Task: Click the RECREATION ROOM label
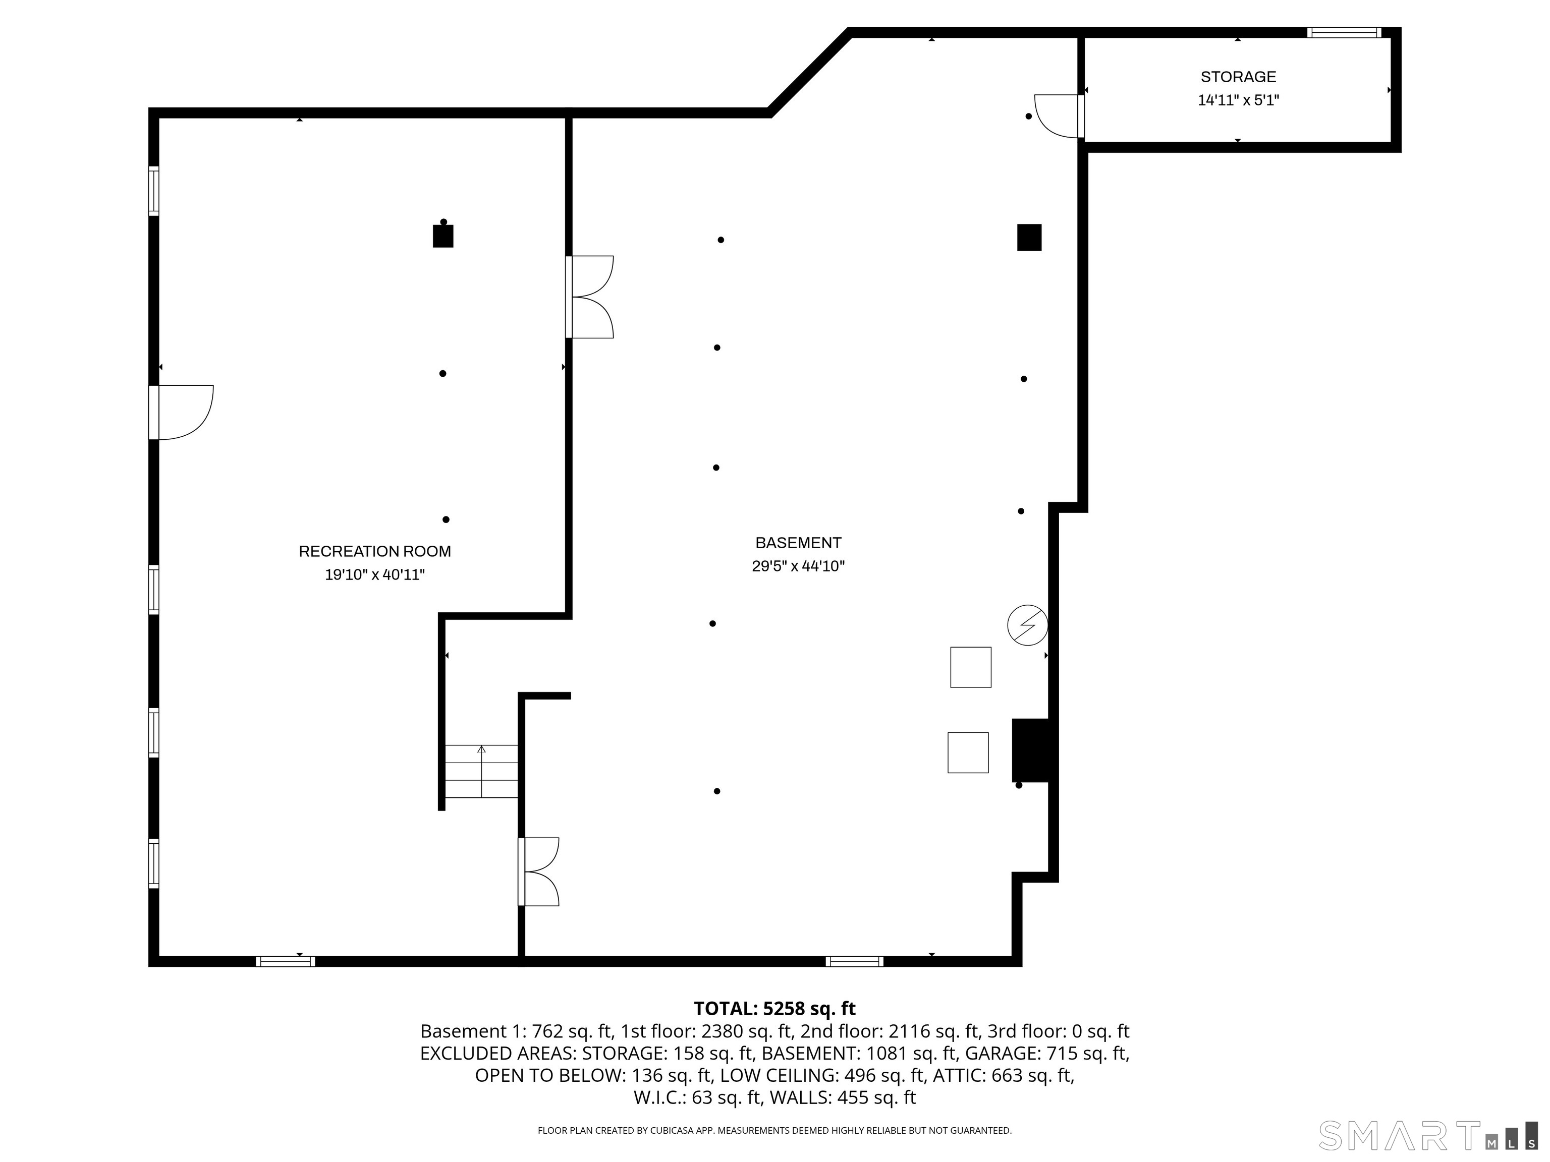pos(374,551)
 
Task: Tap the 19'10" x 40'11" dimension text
pos(374,575)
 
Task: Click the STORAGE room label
pos(1238,77)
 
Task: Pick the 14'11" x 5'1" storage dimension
pos(1238,100)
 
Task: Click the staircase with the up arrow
pos(481,771)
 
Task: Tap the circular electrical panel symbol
pos(1027,625)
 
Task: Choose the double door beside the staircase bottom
pos(539,871)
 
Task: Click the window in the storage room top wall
pos(1343,32)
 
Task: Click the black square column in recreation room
pos(443,236)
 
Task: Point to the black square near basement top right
pos(1029,238)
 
